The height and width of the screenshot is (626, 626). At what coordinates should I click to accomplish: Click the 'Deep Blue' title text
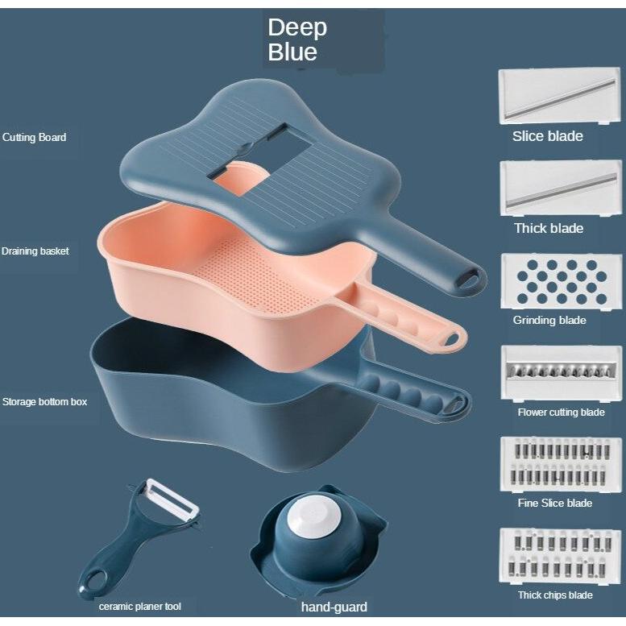[x=297, y=40]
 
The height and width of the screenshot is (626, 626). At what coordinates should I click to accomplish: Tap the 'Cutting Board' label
[x=35, y=137]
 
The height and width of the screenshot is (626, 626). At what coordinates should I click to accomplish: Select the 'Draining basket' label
[x=35, y=251]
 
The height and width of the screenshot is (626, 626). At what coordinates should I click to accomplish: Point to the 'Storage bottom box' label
[x=45, y=402]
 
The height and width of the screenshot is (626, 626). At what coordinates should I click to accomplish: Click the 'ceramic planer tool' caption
[x=139, y=607]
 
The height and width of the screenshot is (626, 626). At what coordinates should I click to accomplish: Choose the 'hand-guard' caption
[x=334, y=607]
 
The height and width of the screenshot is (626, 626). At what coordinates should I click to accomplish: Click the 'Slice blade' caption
[x=548, y=136]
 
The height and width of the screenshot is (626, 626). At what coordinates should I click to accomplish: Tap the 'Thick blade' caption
[x=549, y=228]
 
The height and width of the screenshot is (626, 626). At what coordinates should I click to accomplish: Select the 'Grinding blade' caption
[x=549, y=320]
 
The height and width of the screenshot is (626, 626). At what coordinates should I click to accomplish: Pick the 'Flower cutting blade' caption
[x=562, y=412]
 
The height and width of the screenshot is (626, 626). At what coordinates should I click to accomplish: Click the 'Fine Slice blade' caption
[x=555, y=503]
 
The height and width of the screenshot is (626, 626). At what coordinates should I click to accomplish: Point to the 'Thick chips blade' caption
[x=555, y=595]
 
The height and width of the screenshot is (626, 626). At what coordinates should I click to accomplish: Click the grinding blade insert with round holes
[x=561, y=281]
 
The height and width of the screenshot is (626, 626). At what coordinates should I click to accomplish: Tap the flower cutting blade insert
[x=561, y=373]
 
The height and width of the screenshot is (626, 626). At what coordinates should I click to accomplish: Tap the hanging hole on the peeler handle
[x=96, y=580]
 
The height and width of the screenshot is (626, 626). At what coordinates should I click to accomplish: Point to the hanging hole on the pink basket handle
[x=450, y=340]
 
